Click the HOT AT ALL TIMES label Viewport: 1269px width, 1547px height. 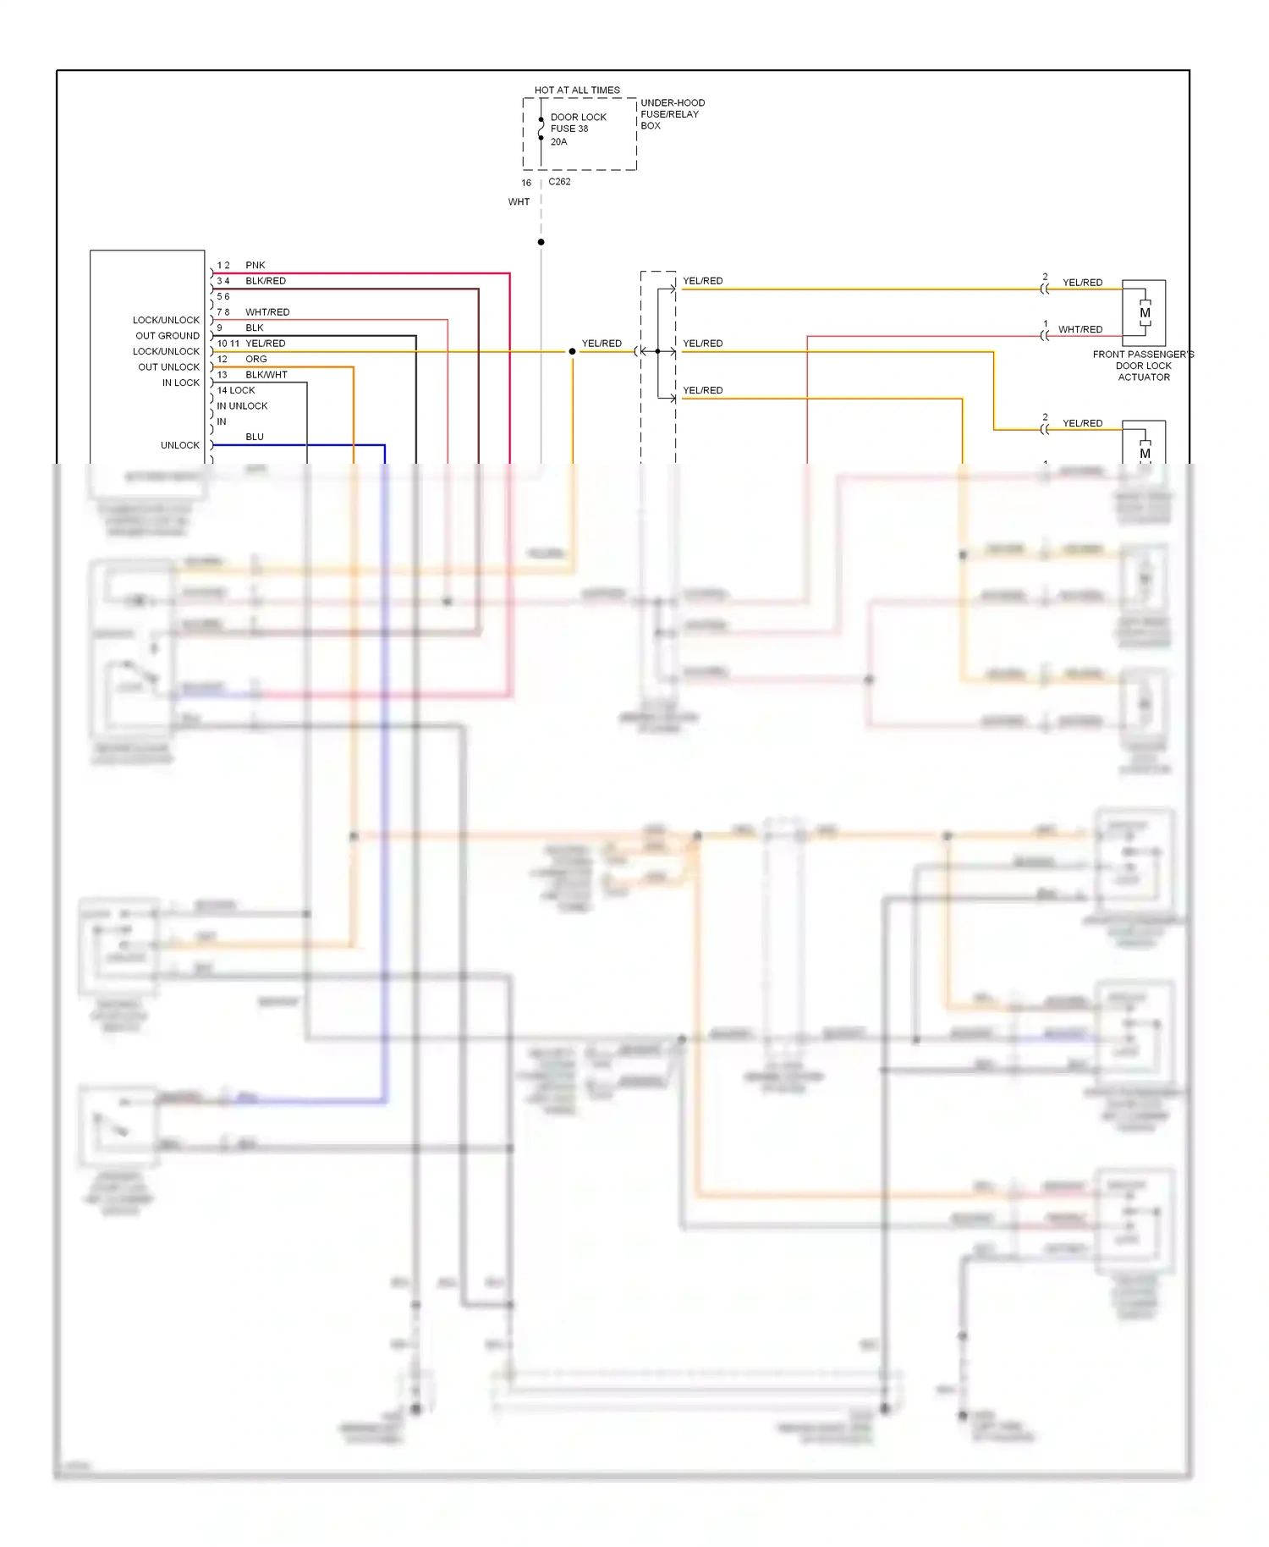[x=577, y=90]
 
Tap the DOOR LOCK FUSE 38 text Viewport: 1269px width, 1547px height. [x=578, y=123]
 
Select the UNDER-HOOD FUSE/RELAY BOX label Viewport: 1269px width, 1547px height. [x=672, y=114]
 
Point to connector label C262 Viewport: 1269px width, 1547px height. [x=559, y=182]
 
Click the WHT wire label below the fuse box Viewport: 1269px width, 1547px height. [x=519, y=202]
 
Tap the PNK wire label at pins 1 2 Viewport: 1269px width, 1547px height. [x=255, y=266]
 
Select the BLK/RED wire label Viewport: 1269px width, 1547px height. [x=266, y=281]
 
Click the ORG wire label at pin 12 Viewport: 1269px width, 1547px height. [x=255, y=360]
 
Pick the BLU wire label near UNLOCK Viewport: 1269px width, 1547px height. [x=255, y=438]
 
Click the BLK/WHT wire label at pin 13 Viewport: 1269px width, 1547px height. [x=266, y=375]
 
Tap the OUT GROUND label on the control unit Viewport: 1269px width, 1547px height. [x=168, y=336]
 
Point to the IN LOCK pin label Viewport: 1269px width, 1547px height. [x=181, y=383]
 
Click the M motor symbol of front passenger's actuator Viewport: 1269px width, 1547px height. [x=1145, y=313]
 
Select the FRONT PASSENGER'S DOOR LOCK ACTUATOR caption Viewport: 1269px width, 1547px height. [x=1143, y=366]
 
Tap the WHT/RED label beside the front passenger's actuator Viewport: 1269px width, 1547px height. [x=1080, y=330]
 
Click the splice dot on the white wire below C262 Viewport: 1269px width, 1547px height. [x=541, y=242]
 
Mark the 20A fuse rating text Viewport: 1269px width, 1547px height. [x=558, y=142]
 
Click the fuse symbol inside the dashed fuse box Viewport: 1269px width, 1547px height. [x=541, y=129]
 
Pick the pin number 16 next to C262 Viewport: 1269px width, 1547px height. [x=526, y=184]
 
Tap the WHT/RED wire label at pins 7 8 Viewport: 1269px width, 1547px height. [x=267, y=312]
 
